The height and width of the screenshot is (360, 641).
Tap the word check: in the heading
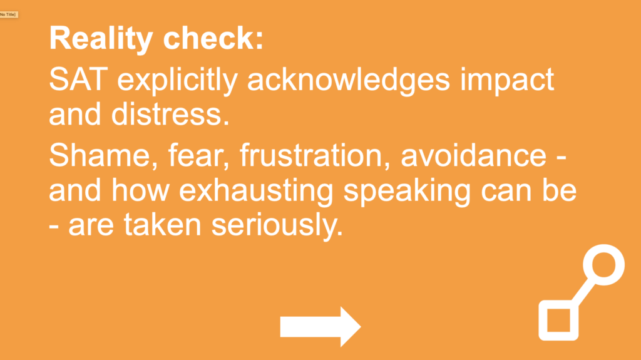click(213, 38)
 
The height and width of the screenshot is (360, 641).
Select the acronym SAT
click(78, 80)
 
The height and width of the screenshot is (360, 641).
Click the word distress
click(170, 114)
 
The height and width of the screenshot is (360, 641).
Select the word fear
click(198, 156)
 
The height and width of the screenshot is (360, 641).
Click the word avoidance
click(473, 155)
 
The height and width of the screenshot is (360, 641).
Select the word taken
click(163, 225)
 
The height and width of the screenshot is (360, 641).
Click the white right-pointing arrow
click(320, 327)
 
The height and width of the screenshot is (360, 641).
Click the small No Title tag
click(9, 15)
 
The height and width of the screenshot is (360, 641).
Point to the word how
click(140, 190)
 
